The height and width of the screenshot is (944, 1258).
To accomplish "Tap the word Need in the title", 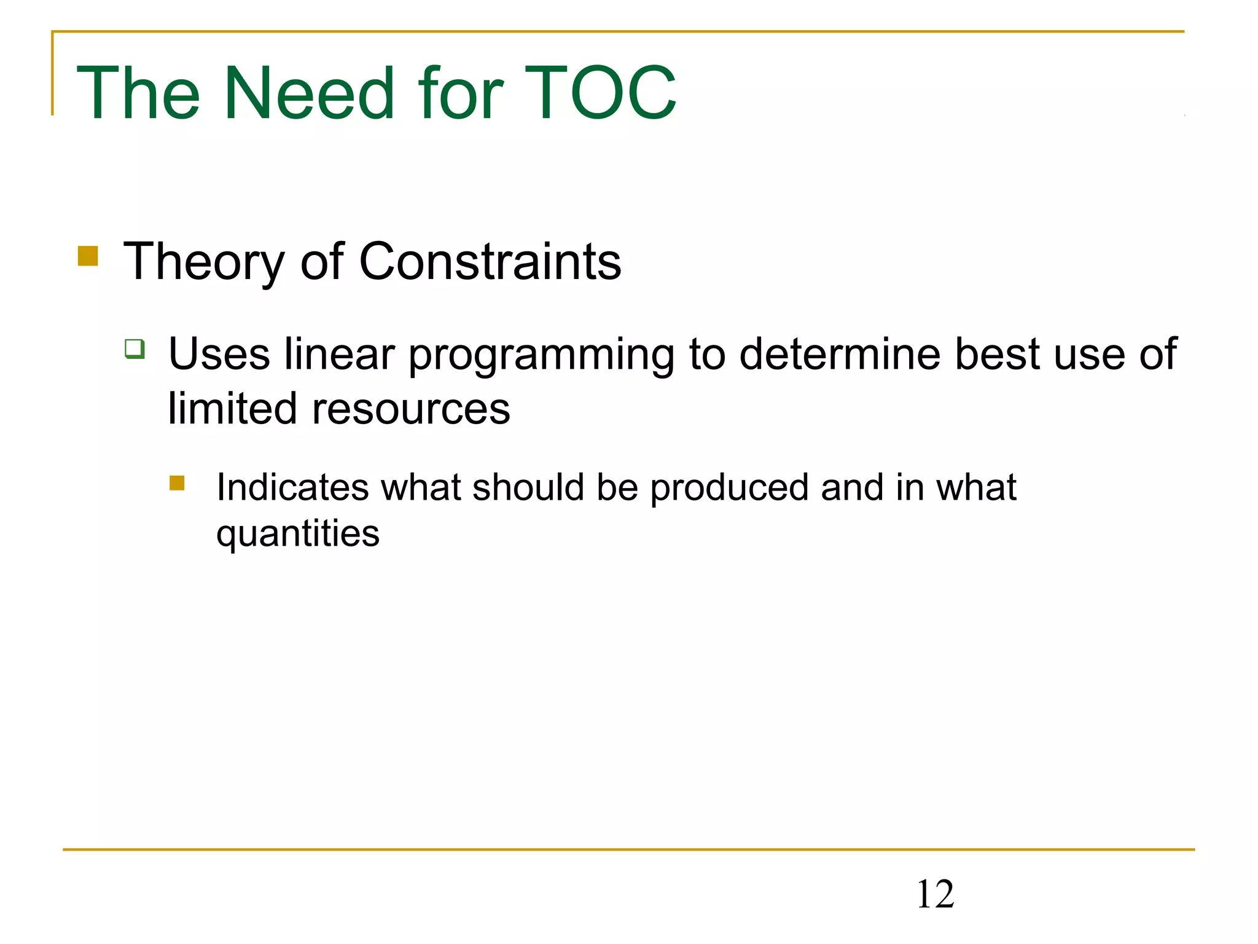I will click(309, 93).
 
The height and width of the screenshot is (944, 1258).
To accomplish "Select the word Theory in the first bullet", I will click(203, 263).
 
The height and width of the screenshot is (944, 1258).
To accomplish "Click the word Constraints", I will click(490, 262).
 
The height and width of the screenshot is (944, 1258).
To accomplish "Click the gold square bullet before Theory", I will click(88, 256).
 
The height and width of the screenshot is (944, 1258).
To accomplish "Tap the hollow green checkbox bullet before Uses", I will click(135, 348).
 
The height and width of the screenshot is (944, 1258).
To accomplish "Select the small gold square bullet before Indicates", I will click(177, 483).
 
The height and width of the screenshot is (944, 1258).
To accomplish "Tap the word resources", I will click(411, 409).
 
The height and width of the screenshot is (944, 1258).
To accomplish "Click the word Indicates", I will click(292, 487).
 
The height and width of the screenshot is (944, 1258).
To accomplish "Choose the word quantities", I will click(298, 534).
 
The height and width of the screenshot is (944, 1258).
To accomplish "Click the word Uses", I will click(219, 355).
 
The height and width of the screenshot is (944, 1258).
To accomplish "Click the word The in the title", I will click(138, 93).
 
